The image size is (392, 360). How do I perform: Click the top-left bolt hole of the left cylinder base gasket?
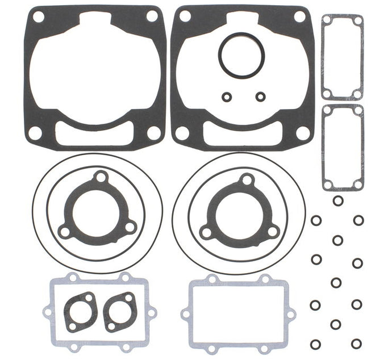pyautogui.click(x=39, y=17)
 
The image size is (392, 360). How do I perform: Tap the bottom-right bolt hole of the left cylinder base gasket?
pyautogui.click(x=153, y=133)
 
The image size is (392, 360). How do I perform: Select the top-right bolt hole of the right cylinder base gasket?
pyautogui.click(x=299, y=16)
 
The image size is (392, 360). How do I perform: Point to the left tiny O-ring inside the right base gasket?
pyautogui.click(x=227, y=97)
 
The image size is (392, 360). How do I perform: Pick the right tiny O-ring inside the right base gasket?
pyautogui.click(x=260, y=97)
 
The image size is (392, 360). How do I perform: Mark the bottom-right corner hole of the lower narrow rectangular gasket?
pyautogui.click(x=357, y=184)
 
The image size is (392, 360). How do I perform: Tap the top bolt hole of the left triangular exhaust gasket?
pyautogui.click(x=101, y=178)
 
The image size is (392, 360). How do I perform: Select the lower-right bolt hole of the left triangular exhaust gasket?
pyautogui.click(x=130, y=228)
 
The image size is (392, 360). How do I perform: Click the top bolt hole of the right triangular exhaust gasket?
pyautogui.click(x=246, y=180)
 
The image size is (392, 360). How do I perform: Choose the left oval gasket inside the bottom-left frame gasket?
pyautogui.click(x=80, y=311)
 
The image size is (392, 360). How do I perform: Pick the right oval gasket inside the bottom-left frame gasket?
pyautogui.click(x=119, y=311)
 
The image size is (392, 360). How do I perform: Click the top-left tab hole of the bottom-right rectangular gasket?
pyautogui.click(x=212, y=279)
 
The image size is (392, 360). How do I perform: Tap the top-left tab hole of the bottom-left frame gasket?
pyautogui.click(x=72, y=278)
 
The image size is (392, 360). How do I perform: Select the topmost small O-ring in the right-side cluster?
pyautogui.click(x=338, y=200)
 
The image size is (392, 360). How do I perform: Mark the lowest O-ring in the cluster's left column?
pyautogui.click(x=315, y=344)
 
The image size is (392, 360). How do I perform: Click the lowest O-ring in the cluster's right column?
pyautogui.click(x=356, y=344)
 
